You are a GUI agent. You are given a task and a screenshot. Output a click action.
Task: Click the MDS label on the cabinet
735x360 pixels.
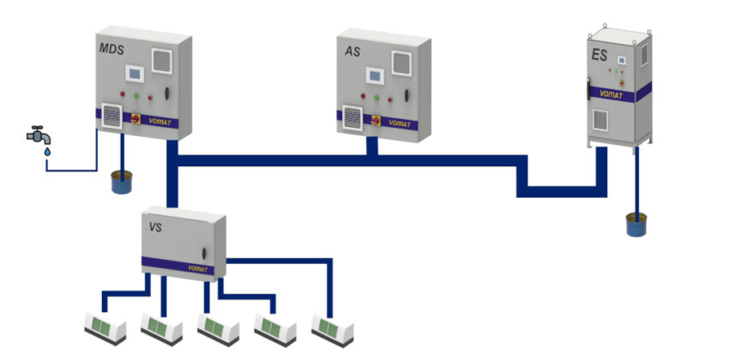(111, 49)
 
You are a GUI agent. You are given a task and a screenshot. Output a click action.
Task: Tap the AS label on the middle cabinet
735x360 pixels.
(352, 51)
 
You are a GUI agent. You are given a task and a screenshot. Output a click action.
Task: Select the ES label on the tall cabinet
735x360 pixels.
(599, 56)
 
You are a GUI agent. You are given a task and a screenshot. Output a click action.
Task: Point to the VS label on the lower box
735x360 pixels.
(155, 228)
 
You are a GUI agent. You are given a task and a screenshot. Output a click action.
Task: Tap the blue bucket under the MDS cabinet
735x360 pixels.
(122, 183)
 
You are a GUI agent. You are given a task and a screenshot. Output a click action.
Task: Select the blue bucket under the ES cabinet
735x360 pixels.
(636, 225)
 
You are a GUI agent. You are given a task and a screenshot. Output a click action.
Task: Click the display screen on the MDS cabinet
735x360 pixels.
(135, 74)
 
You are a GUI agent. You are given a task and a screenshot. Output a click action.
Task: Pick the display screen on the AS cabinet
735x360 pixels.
(375, 75)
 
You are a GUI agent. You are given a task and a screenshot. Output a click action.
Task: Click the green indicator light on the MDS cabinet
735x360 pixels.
(136, 96)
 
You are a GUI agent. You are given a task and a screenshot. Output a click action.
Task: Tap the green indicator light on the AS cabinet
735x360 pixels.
(377, 98)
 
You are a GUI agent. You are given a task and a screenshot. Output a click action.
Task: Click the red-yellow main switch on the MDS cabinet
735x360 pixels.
(136, 118)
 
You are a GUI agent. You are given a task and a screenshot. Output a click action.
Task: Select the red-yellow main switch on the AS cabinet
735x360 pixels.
(376, 121)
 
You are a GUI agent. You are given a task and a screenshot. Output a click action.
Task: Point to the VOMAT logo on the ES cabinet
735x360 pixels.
(611, 95)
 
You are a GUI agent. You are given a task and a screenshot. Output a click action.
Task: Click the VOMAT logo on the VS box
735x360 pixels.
(198, 268)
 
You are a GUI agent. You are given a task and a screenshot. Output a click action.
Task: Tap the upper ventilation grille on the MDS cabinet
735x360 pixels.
(162, 61)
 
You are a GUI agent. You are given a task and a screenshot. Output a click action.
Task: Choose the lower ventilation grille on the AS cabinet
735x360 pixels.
(352, 118)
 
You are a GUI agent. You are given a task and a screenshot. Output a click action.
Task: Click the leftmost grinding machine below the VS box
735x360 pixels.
(105, 329)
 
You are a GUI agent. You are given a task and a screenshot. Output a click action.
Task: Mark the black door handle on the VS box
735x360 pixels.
(204, 254)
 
